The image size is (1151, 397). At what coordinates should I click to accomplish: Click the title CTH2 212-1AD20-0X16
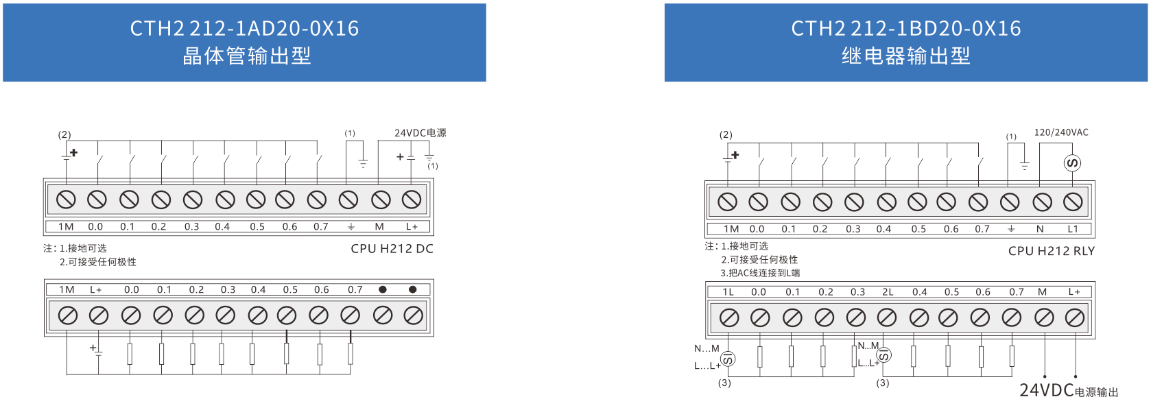244,28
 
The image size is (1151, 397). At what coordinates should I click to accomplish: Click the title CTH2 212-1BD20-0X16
905,28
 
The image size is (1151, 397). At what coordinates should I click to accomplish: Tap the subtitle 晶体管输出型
246,56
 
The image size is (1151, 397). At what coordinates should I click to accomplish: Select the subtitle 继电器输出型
905,56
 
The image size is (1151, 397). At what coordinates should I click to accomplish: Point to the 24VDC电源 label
420,133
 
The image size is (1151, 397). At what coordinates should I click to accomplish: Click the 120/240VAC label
1061,132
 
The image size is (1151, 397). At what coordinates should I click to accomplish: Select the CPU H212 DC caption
392,248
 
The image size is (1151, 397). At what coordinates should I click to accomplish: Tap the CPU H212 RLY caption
1051,251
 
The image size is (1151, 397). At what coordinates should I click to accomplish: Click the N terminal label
1040,229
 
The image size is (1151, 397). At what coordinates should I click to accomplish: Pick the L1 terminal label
1072,229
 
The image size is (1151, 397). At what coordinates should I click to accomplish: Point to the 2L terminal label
888,292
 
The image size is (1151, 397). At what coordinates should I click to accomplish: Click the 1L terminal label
728,292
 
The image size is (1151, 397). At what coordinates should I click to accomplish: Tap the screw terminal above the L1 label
1073,202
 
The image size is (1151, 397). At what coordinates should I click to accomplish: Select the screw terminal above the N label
1042,202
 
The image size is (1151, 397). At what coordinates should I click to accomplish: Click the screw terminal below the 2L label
887,317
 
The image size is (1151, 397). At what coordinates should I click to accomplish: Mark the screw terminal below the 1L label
729,317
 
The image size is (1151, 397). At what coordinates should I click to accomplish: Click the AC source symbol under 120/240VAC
1071,163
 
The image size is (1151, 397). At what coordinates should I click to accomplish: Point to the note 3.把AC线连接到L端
760,273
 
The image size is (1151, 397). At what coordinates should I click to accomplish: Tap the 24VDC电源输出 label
1068,390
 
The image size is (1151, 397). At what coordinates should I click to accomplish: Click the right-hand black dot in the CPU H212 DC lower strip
412,289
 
